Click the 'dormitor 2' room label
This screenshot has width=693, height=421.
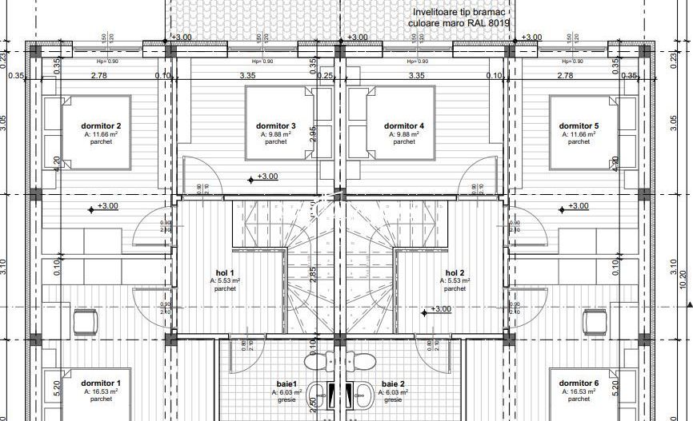click(x=102, y=126)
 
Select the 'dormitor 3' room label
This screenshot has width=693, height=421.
click(x=276, y=126)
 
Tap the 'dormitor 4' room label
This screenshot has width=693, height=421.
click(x=404, y=126)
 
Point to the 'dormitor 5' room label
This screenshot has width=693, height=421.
click(x=579, y=126)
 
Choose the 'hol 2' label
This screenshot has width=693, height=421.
click(x=455, y=272)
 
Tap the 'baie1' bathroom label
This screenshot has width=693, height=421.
click(x=287, y=383)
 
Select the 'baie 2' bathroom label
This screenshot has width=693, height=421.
click(x=394, y=383)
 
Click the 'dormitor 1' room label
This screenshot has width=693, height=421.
click(x=102, y=383)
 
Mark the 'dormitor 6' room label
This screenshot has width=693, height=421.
click(x=579, y=383)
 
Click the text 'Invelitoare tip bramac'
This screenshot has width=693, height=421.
click(x=461, y=14)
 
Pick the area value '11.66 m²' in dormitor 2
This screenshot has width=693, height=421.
click(x=102, y=135)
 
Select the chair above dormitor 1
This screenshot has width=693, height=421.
click(x=86, y=322)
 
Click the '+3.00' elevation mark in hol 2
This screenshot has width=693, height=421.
click(x=441, y=309)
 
